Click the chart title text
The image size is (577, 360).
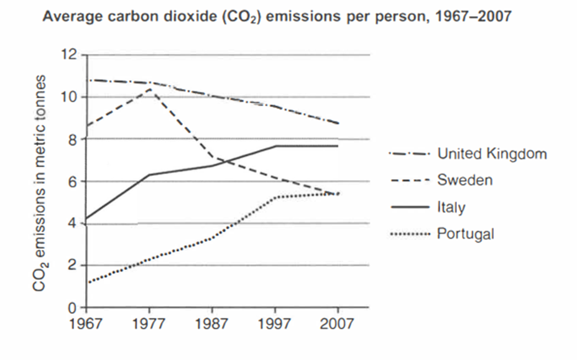(277, 17)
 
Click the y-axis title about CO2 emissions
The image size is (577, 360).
(40, 183)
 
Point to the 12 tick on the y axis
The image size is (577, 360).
(73, 55)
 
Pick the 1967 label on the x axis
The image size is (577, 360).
(86, 324)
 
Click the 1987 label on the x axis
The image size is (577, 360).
(213, 324)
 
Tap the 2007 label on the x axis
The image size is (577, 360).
(338, 324)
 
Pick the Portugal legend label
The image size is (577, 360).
(465, 234)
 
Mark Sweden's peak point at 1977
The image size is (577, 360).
(149, 90)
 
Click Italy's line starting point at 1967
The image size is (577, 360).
(86, 219)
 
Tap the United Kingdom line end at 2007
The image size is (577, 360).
(338, 123)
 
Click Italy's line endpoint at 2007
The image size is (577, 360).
(338, 146)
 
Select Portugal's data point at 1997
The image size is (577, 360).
(275, 197)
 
